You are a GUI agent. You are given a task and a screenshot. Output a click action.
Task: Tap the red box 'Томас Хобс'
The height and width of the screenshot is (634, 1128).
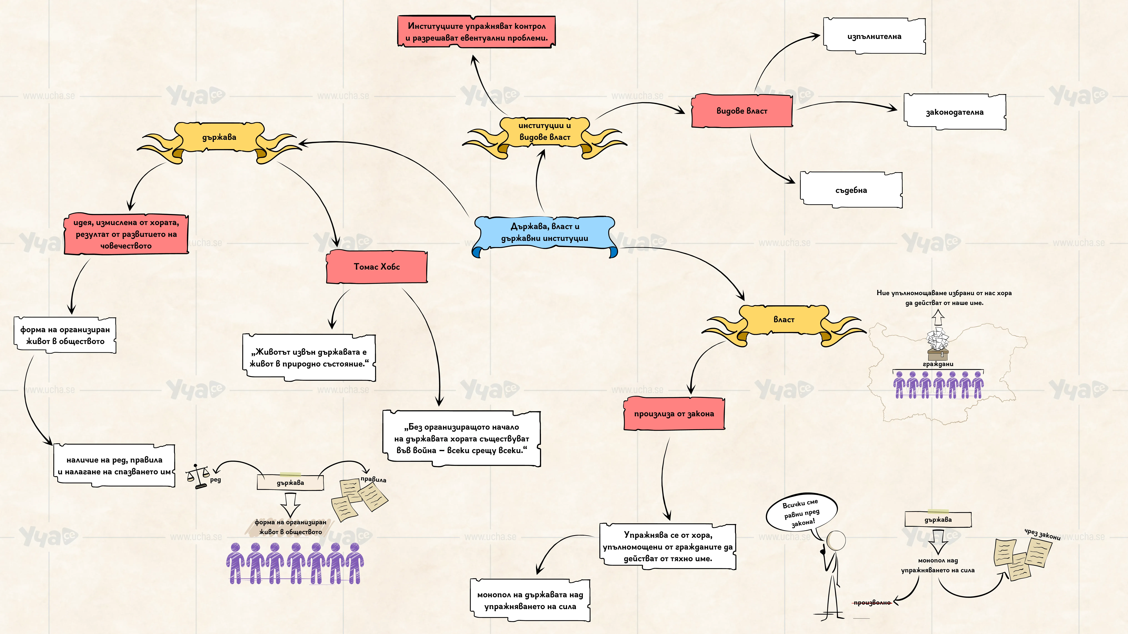coord(377,266)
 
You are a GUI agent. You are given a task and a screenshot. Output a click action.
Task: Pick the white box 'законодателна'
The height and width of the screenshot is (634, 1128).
coord(955,112)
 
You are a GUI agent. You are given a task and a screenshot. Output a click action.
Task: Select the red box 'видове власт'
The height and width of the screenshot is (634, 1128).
coord(742,111)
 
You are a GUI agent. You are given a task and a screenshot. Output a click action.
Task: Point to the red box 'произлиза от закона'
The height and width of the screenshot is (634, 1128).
coord(674,413)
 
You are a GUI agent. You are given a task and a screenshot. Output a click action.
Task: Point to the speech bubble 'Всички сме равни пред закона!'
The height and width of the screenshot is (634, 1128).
coord(801,513)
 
